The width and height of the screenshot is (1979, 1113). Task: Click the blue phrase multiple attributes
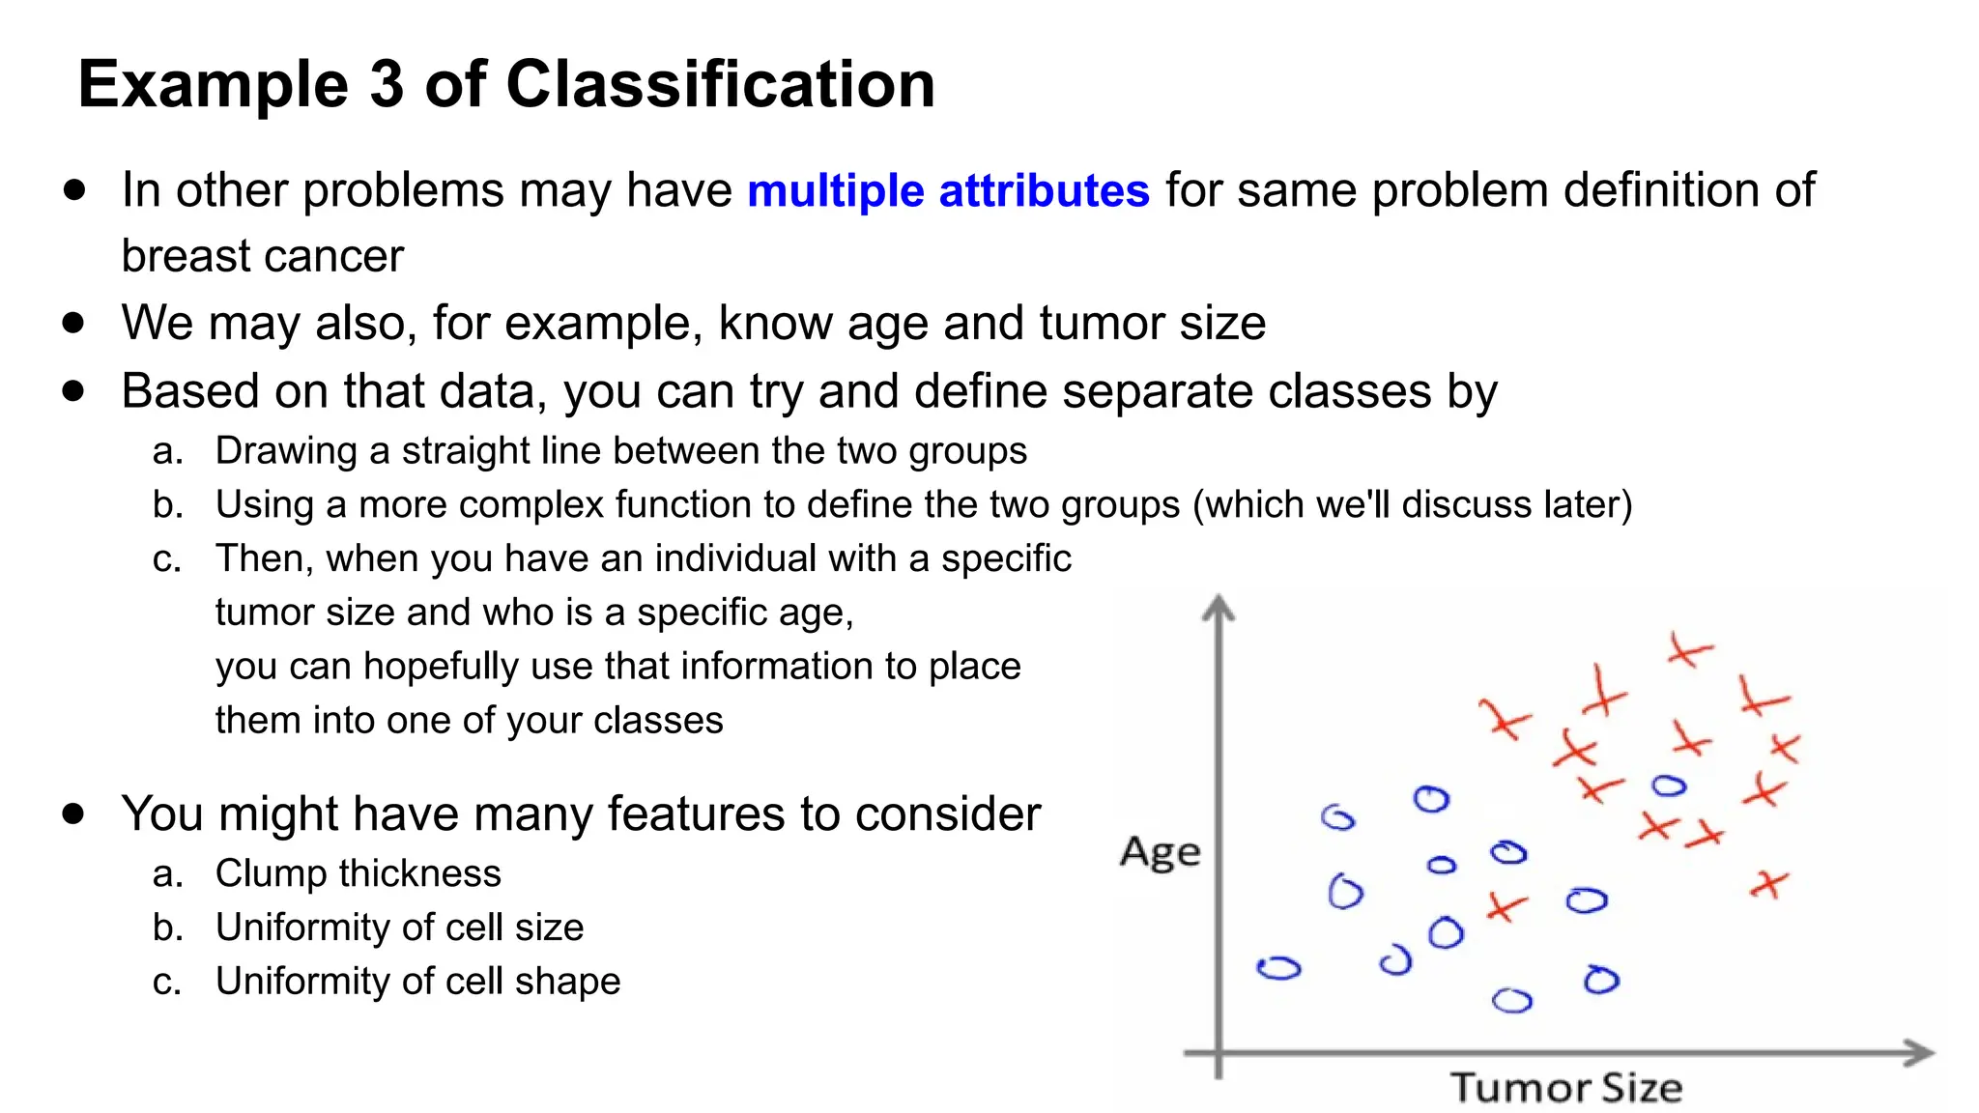[x=948, y=190]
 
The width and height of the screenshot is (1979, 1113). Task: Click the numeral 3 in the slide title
[x=386, y=84]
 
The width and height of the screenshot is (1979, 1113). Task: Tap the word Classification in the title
[x=720, y=84]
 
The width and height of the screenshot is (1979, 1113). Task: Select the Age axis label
[x=1160, y=852]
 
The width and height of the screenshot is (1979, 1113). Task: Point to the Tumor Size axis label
[x=1565, y=1088]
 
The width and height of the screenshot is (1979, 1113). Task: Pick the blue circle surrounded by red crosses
[x=1669, y=786]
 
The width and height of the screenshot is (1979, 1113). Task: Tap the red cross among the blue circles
[x=1506, y=906]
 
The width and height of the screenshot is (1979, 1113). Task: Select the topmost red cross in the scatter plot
[x=1689, y=652]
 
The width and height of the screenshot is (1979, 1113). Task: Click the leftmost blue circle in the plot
[x=1278, y=968]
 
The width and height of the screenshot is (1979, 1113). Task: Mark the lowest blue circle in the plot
[x=1511, y=1001]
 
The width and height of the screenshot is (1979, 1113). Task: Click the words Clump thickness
[x=358, y=873]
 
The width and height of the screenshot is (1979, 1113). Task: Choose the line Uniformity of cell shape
[x=417, y=982]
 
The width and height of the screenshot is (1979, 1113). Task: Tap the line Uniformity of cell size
[x=399, y=927]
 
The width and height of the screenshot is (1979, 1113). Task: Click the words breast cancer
[x=262, y=257]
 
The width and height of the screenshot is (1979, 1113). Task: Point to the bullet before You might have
[x=73, y=813]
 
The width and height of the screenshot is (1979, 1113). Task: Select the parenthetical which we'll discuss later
[x=1412, y=505]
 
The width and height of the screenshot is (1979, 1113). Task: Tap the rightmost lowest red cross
[x=1768, y=883]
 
